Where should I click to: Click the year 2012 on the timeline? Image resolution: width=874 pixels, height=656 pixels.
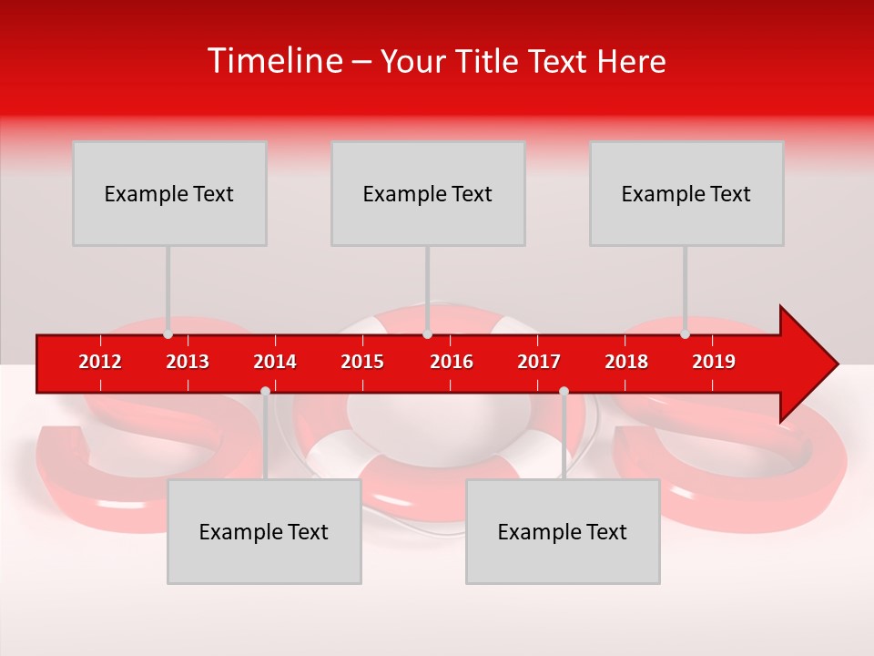100,362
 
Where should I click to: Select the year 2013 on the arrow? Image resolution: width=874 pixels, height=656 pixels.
188,362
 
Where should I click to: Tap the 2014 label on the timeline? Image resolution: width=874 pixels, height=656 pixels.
275,362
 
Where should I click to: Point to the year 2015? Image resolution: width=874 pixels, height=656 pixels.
362,362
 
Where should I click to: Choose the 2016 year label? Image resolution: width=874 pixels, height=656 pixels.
452,362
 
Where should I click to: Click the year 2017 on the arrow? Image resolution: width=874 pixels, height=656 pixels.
539,362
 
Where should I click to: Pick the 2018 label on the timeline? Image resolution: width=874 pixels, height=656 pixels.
626,362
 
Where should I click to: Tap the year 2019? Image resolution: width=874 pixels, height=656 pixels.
714,362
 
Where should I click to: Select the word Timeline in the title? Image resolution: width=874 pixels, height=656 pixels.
274,61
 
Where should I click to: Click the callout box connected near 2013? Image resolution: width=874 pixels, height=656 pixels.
169,193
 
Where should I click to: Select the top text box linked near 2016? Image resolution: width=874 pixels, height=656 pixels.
428,193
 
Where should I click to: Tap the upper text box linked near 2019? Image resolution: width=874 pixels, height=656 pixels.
686,193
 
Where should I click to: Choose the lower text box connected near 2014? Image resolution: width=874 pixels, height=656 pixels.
264,531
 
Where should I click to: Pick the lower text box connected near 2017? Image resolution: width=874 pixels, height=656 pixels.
563,531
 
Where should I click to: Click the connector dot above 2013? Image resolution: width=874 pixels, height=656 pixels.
168,333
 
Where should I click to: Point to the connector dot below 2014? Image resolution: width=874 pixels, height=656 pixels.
265,391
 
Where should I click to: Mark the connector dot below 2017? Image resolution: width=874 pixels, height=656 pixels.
564,391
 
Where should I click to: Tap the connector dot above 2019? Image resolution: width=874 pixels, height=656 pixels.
686,333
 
